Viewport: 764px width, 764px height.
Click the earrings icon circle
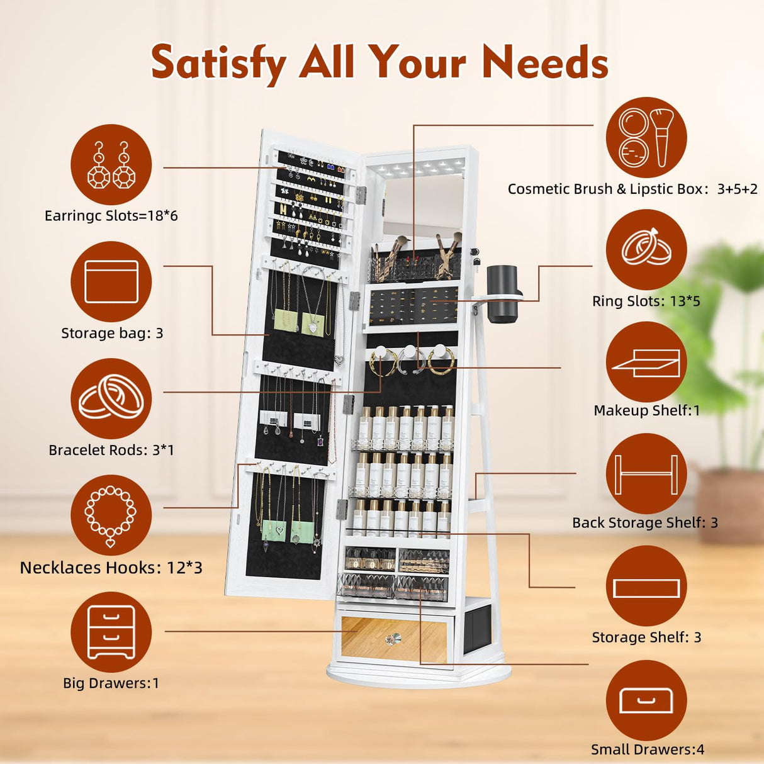[111, 164]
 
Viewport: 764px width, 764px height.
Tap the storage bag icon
[111, 281]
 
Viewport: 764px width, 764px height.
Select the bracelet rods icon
[111, 398]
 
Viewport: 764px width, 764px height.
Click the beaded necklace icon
[111, 515]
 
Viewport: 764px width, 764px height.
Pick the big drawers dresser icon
[111, 632]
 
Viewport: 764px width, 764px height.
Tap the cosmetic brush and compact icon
[646, 138]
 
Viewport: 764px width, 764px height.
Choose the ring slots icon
[646, 250]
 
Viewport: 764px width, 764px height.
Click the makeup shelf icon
[646, 362]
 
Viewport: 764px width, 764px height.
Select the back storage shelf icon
[646, 474]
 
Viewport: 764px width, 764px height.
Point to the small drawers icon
[646, 700]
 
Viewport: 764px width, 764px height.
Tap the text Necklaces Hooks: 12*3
[111, 568]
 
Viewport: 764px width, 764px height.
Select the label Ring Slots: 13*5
[646, 301]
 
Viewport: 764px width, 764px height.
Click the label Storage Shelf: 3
[646, 637]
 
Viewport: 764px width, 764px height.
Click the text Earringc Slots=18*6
[111, 216]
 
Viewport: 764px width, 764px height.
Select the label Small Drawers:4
[648, 750]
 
